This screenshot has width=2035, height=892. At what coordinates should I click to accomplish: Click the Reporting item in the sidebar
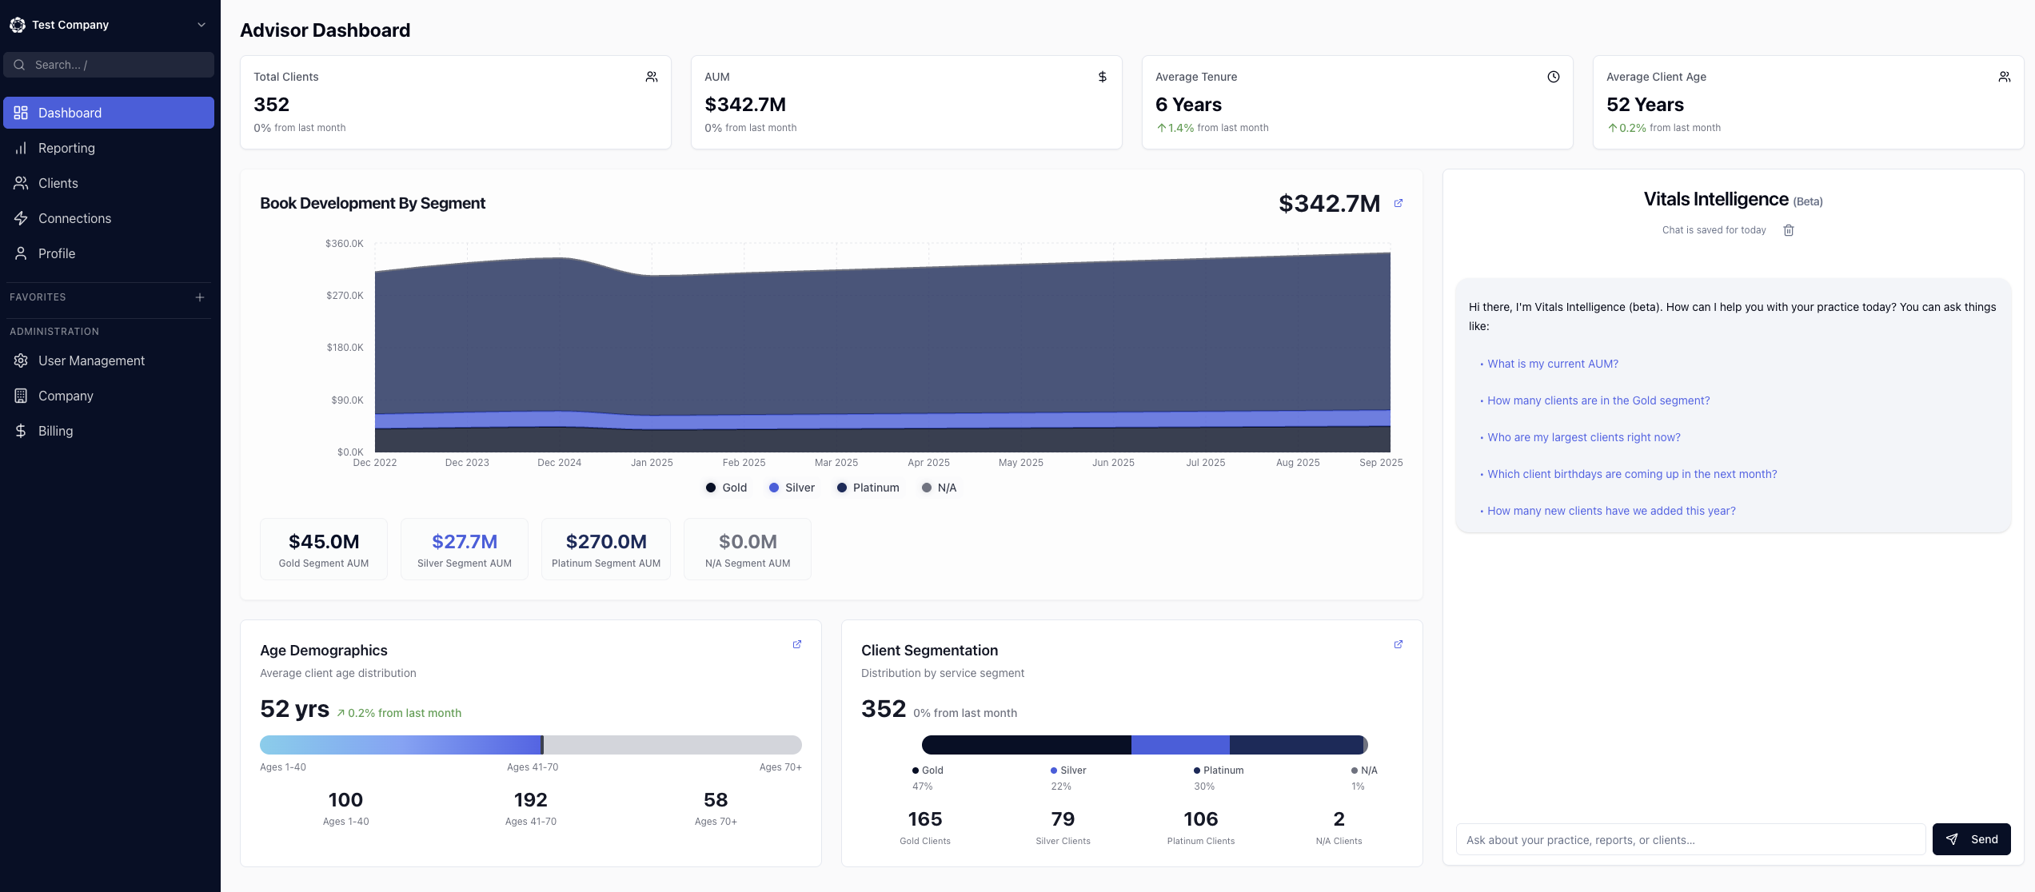[66, 148]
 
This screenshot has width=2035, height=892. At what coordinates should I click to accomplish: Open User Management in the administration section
[91, 360]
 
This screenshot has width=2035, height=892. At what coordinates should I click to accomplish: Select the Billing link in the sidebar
[55, 431]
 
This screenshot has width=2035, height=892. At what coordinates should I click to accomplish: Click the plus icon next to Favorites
[200, 297]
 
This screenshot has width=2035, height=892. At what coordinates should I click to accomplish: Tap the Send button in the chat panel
[1971, 839]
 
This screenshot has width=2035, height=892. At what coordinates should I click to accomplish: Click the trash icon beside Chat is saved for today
[1789, 230]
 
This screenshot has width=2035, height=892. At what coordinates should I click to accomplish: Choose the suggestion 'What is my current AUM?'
[1552, 364]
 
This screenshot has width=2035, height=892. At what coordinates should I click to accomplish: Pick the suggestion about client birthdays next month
[1631, 474]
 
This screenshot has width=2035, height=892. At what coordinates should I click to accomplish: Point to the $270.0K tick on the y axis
[345, 296]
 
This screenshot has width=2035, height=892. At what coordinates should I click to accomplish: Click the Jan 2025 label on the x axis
[652, 463]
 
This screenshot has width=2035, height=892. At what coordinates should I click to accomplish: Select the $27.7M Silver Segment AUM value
[465, 542]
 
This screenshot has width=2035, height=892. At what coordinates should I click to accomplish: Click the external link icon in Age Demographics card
[797, 644]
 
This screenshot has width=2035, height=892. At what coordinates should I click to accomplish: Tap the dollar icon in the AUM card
[1103, 77]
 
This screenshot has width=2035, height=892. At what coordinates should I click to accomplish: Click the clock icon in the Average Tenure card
[1554, 77]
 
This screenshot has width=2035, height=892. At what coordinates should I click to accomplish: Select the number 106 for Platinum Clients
[1200, 819]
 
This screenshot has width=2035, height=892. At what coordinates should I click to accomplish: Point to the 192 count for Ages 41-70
[530, 800]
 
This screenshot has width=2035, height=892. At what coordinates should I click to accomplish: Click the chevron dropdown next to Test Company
[202, 25]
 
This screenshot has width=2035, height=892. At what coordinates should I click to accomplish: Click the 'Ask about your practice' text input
[1690, 840]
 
